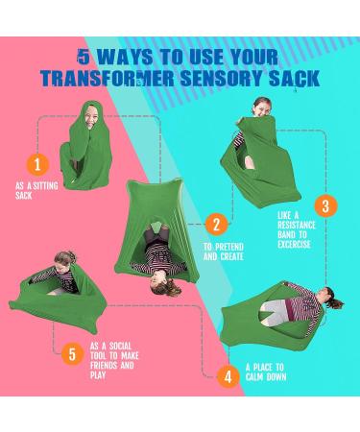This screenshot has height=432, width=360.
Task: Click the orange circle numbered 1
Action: coord(37,165)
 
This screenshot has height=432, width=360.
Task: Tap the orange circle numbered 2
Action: coord(216,225)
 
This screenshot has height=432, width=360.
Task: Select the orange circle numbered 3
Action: coord(325,205)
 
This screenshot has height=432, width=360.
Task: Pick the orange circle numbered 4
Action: coord(228,376)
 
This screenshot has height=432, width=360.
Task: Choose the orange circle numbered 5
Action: coord(72,354)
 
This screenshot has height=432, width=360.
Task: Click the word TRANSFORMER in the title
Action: coord(108,79)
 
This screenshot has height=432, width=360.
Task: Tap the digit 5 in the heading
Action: coord(84,57)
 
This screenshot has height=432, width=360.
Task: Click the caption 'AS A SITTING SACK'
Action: coord(36,190)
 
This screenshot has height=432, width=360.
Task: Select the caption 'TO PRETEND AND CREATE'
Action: coord(224,252)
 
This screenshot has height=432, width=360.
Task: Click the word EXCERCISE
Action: coord(294,245)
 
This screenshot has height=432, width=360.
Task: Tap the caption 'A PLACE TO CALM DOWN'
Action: coord(266,372)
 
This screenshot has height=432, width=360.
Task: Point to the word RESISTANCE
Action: coord(297,225)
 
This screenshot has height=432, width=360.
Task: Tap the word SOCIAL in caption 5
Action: coord(120,346)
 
